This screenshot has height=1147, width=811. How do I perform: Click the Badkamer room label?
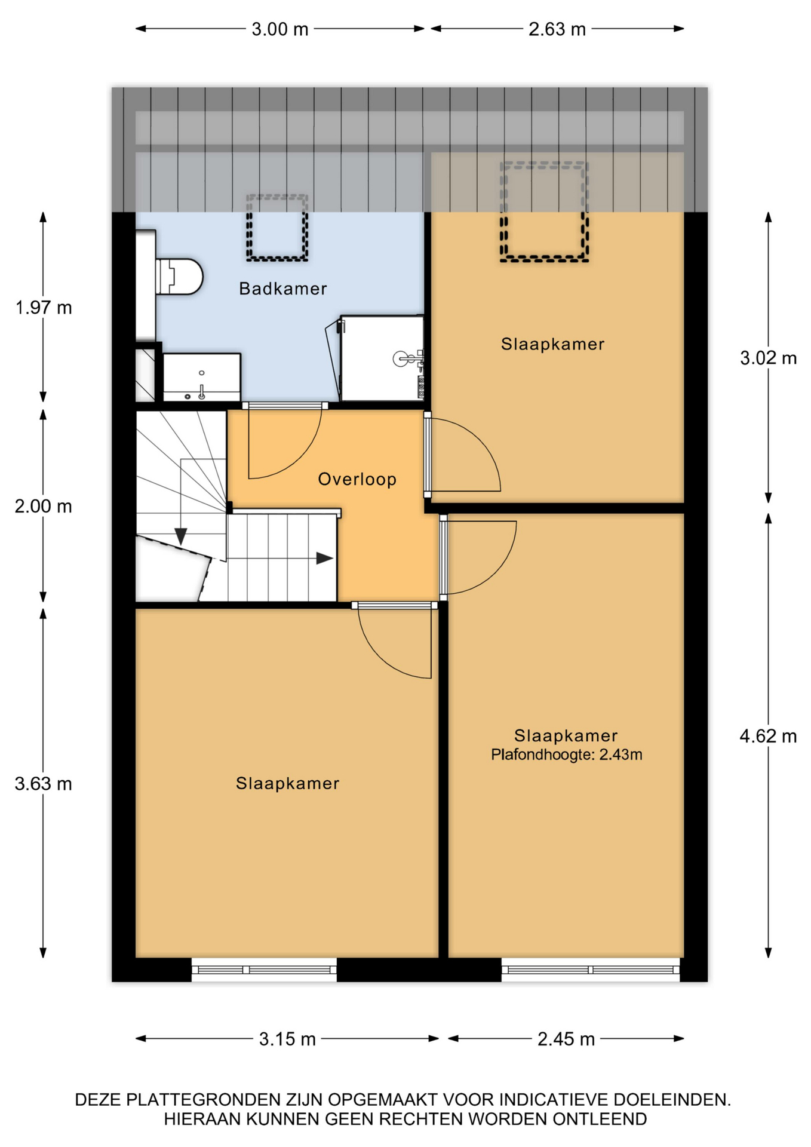coord(282,289)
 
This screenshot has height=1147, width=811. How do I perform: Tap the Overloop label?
coord(357,479)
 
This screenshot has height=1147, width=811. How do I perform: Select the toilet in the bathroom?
coord(179,277)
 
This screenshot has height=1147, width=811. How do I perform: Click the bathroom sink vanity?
coord(202,378)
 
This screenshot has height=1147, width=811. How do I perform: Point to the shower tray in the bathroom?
coord(382,358)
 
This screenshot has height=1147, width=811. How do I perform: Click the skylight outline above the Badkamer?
coord(277,228)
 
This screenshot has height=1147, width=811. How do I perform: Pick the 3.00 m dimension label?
coord(279,29)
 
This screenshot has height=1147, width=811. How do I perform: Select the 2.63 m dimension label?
coord(557,29)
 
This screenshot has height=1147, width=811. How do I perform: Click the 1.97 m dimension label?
coord(44,308)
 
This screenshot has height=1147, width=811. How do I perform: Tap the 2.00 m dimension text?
coord(44,507)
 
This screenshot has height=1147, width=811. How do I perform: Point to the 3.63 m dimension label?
coord(44,784)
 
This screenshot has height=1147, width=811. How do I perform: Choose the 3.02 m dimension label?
coord(769,358)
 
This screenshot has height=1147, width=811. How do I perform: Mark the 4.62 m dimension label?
coord(769,736)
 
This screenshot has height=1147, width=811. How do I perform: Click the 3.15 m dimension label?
coord(287,1039)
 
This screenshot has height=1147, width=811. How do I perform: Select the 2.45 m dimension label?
coord(566,1039)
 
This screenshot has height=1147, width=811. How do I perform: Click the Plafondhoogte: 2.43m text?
coord(567,755)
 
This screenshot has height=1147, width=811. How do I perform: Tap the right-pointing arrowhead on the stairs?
coord(324,559)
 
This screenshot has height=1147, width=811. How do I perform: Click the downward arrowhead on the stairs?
coord(181,536)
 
